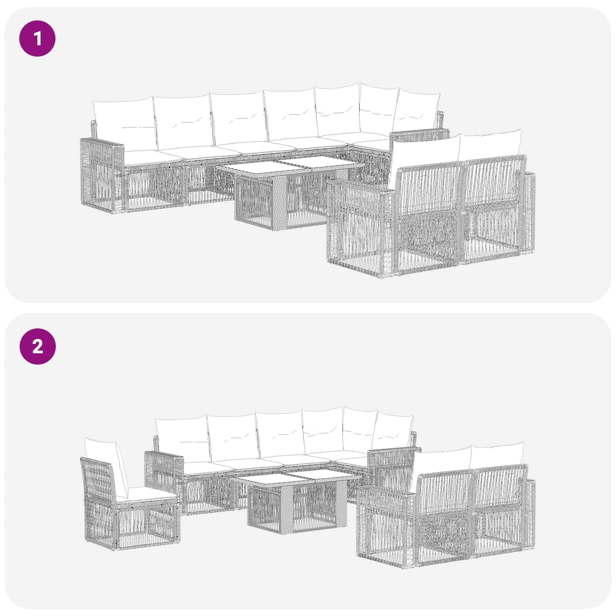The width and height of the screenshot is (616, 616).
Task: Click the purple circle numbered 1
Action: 37,38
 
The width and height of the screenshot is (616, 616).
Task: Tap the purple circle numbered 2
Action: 37,346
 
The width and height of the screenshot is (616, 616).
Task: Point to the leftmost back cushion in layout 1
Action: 124,125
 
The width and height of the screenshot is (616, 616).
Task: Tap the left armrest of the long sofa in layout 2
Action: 164,476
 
